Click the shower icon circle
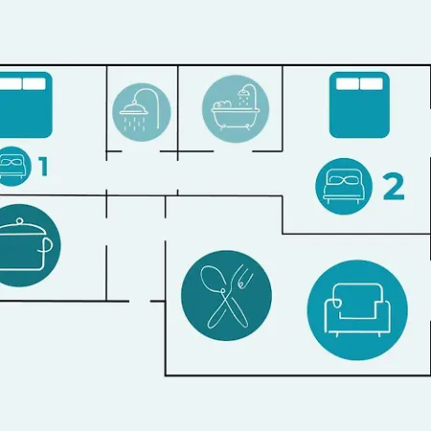pos(142,112)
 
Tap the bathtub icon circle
pos(236,109)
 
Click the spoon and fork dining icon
pos(226,296)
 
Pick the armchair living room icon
pos(357,310)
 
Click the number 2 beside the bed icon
pos(394,187)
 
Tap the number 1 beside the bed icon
pos(44,167)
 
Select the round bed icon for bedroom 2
pos(344,186)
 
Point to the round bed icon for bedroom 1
pos(14,166)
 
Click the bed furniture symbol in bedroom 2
pos(359,105)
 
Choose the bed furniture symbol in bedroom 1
pos(25,105)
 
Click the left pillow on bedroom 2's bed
pos(348,84)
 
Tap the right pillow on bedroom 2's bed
pos(372,84)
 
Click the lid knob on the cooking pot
pos(19,221)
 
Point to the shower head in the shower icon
pos(134,109)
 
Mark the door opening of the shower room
pos(141,151)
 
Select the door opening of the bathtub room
pos(233,151)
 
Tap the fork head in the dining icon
pos(243,276)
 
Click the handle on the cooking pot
pos(47,245)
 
